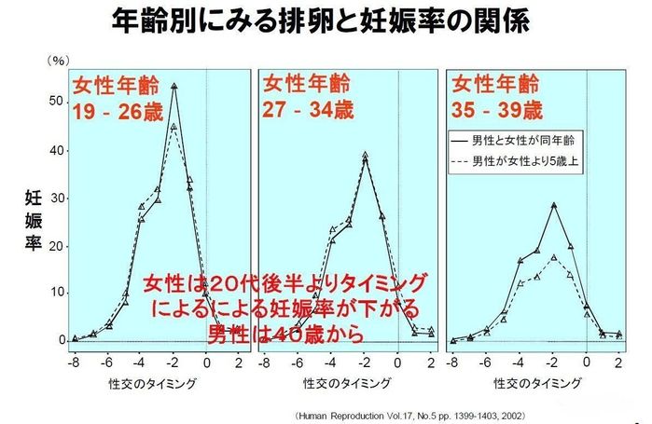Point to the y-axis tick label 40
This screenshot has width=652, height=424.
[55, 150]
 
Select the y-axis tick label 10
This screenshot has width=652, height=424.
[55, 293]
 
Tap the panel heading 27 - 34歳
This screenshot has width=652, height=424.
[303, 110]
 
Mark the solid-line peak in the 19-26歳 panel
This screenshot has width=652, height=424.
[174, 86]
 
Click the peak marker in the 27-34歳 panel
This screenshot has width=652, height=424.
[365, 155]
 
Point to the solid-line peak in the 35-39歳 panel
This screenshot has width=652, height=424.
[554, 204]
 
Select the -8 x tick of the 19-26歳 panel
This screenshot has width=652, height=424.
[75, 362]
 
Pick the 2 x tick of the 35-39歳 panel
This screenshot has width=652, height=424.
[618, 362]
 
